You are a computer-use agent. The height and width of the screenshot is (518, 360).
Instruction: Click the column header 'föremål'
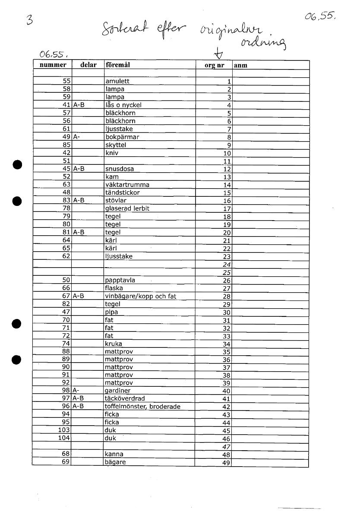(118, 65)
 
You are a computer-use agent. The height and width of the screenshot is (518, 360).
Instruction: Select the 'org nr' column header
(214, 65)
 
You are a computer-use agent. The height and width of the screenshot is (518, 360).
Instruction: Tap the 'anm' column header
(240, 66)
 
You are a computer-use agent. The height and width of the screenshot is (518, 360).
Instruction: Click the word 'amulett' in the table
(117, 81)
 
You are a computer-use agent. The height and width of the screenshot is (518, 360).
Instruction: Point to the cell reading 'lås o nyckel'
(123, 105)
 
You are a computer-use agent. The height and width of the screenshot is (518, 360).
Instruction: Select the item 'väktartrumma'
(127, 185)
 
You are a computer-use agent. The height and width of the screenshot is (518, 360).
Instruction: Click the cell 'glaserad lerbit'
(127, 208)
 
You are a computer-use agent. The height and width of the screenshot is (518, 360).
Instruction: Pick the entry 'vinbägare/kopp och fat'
(140, 296)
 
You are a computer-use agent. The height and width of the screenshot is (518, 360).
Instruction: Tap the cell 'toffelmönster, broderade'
(142, 407)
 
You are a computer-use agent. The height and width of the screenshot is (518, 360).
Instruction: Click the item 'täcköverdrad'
(125, 399)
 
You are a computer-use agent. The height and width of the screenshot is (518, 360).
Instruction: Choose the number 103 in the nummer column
(64, 430)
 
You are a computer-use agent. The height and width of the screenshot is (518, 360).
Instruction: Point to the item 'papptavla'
(120, 280)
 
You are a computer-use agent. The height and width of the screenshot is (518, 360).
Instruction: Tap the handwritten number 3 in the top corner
(30, 20)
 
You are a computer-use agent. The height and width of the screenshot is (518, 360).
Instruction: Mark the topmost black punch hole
(17, 164)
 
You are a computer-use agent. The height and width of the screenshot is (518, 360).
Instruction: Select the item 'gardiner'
(118, 391)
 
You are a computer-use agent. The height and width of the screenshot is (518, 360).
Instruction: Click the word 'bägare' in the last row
(115, 462)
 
